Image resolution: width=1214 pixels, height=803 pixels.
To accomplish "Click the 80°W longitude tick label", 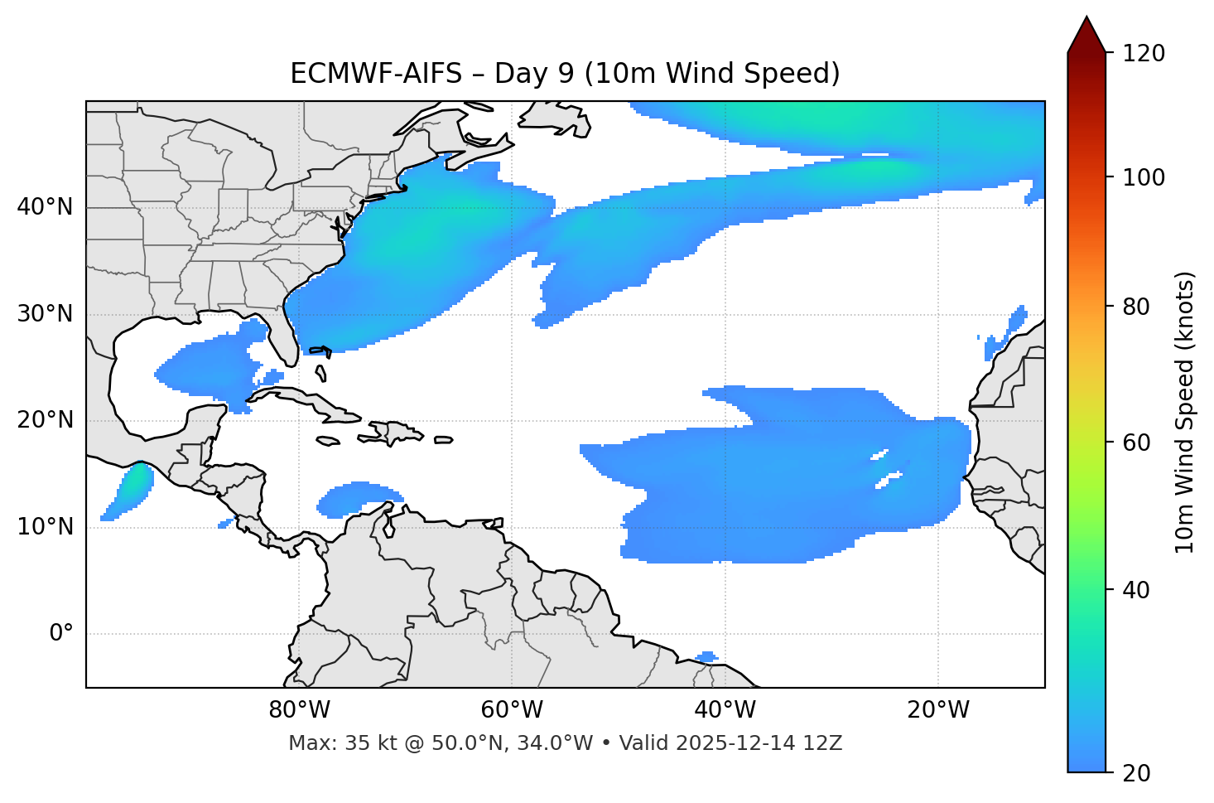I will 299,710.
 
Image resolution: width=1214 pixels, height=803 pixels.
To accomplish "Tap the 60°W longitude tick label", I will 512,710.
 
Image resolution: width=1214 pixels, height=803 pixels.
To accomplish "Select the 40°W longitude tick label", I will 725,710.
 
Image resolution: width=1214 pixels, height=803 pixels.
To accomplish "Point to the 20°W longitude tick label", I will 938,710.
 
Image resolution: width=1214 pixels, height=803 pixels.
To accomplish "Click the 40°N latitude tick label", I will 45,207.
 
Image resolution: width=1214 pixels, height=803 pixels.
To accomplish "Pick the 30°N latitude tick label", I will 45,314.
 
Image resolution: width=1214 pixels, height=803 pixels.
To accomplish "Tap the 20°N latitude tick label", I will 45,420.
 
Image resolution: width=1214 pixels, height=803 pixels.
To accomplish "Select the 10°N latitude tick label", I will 45,527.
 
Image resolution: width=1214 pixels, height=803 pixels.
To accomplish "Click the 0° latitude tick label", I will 60,634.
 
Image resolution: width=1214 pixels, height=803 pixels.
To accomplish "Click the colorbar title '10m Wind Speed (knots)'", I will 1185,412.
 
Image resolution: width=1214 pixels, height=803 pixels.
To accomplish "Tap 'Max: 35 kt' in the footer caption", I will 330,743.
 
